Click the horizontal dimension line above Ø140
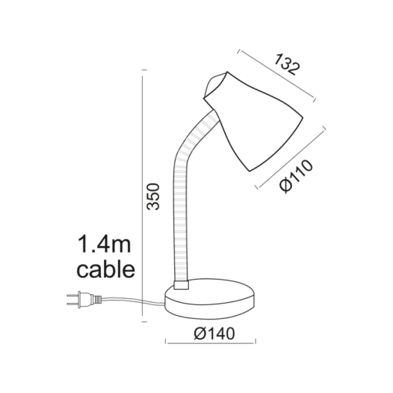pyautogui.click(x=211, y=322)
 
